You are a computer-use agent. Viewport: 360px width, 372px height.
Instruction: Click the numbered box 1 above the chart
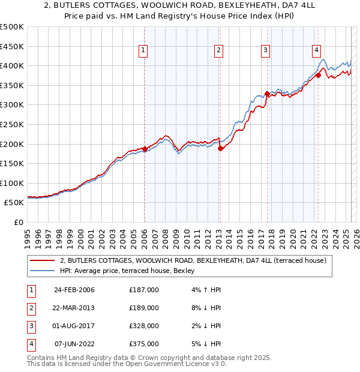[144, 51]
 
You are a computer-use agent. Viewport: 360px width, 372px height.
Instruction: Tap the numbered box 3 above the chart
[265, 51]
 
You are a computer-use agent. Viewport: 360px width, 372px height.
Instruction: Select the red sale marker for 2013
[220, 148]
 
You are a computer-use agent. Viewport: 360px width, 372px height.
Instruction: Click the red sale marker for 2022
[318, 75]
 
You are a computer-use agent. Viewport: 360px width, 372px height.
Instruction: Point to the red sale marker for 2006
[145, 149]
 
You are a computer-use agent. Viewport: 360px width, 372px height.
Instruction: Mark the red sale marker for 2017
[266, 94]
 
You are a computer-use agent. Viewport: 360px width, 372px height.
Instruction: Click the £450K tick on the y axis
[12, 46]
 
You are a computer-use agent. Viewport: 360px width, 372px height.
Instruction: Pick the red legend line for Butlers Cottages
[42, 261]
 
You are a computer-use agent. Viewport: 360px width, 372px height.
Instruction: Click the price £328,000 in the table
[143, 326]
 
